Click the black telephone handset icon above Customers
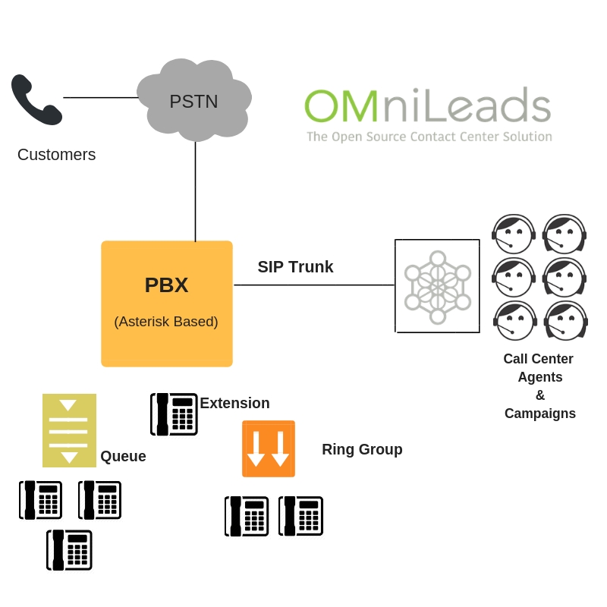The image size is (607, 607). click(36, 99)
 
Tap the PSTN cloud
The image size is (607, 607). click(194, 99)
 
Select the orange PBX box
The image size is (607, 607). click(167, 303)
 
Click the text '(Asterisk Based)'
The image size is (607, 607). click(166, 322)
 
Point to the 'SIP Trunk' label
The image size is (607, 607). click(295, 267)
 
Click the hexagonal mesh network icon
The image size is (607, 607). click(438, 286)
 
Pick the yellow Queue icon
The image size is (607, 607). click(69, 430)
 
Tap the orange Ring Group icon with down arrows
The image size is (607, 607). click(269, 448)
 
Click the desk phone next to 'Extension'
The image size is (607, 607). click(174, 414)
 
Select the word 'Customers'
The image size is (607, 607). click(56, 155)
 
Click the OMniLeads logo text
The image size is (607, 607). click(427, 105)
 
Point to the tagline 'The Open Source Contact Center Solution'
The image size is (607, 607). click(429, 137)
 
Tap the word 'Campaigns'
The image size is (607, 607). click(539, 414)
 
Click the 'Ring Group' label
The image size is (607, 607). click(362, 449)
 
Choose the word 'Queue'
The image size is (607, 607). click(123, 457)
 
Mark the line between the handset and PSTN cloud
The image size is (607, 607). click(100, 97)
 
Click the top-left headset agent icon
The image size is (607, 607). click(514, 234)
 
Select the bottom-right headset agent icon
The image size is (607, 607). click(565, 320)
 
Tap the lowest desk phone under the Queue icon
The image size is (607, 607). click(69, 549)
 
